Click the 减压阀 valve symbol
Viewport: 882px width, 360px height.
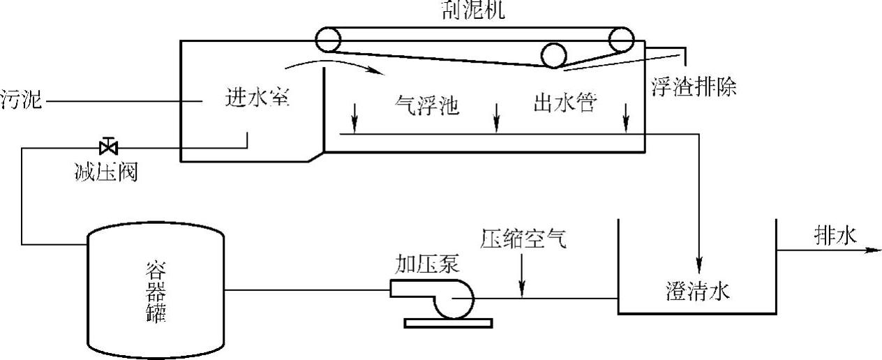108,147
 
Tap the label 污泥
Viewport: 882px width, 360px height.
21,102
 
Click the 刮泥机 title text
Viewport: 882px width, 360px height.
474,10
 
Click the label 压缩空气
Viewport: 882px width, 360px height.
524,239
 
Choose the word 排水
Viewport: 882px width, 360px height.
834,237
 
